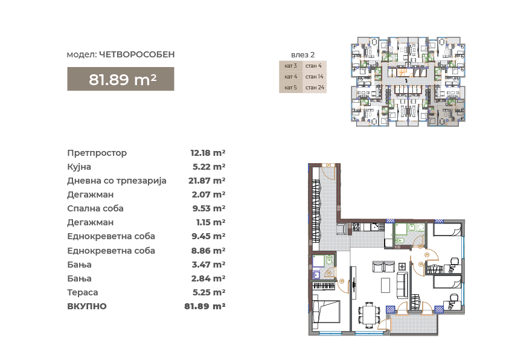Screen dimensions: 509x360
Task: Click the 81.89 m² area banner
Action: (x=120, y=79)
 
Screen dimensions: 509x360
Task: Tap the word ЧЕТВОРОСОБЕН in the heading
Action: (x=136, y=54)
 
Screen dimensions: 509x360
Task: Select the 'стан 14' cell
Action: (x=314, y=77)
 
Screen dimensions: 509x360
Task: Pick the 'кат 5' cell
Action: (x=290, y=88)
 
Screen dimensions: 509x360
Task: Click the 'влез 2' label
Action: (x=303, y=54)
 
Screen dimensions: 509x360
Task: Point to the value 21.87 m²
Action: (x=206, y=181)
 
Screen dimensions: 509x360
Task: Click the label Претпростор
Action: (x=97, y=153)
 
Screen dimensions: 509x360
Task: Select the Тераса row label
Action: (x=83, y=292)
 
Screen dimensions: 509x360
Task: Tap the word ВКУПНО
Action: (x=87, y=306)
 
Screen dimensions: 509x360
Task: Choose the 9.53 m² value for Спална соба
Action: (x=209, y=208)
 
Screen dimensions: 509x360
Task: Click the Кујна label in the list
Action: (x=79, y=167)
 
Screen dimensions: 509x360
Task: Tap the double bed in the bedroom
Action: (x=326, y=311)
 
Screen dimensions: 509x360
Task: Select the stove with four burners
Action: (x=356, y=227)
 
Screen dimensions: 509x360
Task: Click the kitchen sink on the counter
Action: (x=375, y=227)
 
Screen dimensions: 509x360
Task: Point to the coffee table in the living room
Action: (x=385, y=285)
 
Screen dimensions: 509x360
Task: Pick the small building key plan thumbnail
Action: (x=408, y=81)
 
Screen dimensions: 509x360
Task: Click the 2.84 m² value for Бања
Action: (x=208, y=278)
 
